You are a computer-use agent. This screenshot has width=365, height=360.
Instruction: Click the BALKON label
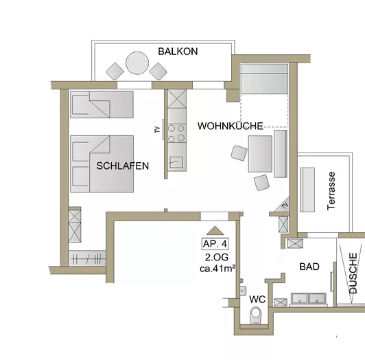pos(178,52)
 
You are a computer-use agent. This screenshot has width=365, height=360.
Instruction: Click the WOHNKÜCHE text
pos(231,126)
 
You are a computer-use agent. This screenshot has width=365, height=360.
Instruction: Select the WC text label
pos(257,300)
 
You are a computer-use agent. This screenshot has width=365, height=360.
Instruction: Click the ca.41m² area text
pos(218,268)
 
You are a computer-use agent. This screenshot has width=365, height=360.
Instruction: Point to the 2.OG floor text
pos(216,257)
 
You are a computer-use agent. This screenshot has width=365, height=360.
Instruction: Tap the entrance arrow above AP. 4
pos(215,232)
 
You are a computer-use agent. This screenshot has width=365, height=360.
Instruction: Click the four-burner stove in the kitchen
pos(176,131)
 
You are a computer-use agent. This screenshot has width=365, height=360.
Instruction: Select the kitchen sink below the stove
pos(176,162)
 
